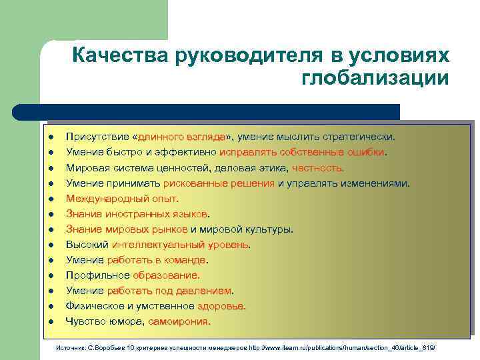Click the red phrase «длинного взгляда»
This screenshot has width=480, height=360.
click(181, 137)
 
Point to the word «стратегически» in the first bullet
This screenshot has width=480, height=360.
click(358, 137)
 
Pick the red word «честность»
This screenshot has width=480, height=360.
click(317, 167)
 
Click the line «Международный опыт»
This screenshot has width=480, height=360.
click(122, 198)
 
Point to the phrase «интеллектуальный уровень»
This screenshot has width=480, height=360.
click(181, 245)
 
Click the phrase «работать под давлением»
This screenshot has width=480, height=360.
click(169, 291)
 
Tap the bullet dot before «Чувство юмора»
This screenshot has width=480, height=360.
click(51, 322)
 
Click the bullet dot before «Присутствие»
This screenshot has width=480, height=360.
click(51, 137)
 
